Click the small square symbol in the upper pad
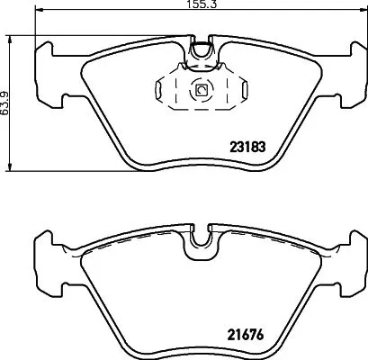(201, 90)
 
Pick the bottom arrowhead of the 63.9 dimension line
(8, 167)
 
